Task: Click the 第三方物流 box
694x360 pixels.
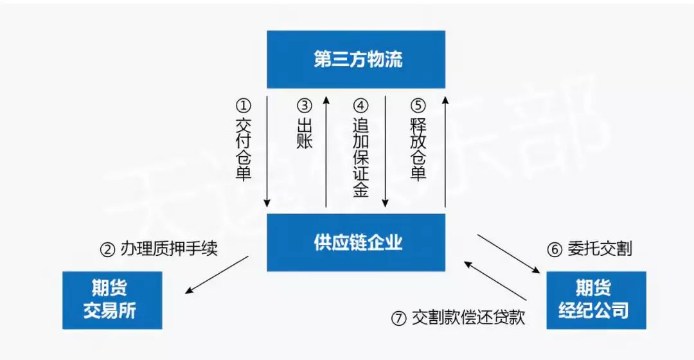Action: coord(356,59)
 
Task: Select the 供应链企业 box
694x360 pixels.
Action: coord(356,242)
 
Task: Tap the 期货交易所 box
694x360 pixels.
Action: coord(112,300)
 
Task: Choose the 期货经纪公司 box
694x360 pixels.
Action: coord(596,300)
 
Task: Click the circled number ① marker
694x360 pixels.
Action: coord(243,105)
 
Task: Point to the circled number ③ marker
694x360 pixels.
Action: coord(305,105)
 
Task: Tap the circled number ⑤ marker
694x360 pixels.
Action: coord(418,105)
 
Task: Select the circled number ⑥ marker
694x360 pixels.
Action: coord(555,249)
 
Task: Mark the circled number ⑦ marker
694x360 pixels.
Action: coord(399,318)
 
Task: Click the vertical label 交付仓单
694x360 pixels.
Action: coord(243,150)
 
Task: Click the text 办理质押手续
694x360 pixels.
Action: coord(169,249)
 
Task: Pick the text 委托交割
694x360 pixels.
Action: coord(600,249)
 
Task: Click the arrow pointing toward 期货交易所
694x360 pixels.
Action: coord(217,274)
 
